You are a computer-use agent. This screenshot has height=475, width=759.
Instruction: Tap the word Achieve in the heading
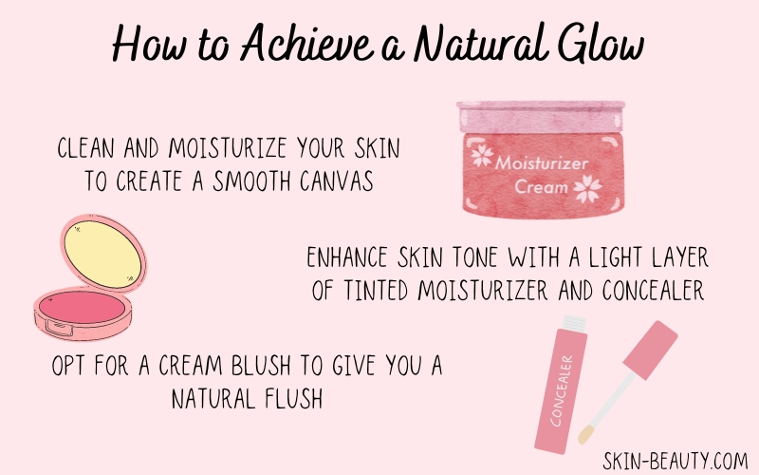click(306, 43)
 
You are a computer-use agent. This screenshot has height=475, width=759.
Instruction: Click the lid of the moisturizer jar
click(541, 116)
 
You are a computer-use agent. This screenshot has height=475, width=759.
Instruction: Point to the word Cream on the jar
click(541, 186)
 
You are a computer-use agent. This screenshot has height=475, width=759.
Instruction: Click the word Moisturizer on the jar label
click(541, 162)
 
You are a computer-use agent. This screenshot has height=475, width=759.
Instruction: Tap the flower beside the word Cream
click(587, 188)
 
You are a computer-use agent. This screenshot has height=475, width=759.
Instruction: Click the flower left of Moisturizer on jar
click(482, 156)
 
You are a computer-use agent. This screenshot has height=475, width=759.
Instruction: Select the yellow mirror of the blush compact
click(102, 255)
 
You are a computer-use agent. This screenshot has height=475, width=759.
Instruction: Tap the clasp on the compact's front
click(60, 329)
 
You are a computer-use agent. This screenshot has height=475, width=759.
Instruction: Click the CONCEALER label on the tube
click(562, 390)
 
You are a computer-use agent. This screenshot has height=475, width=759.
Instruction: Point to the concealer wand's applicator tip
click(585, 434)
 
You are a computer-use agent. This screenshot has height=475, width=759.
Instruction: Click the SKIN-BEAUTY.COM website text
click(676, 461)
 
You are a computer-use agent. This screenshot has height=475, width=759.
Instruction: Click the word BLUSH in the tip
click(261, 365)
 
